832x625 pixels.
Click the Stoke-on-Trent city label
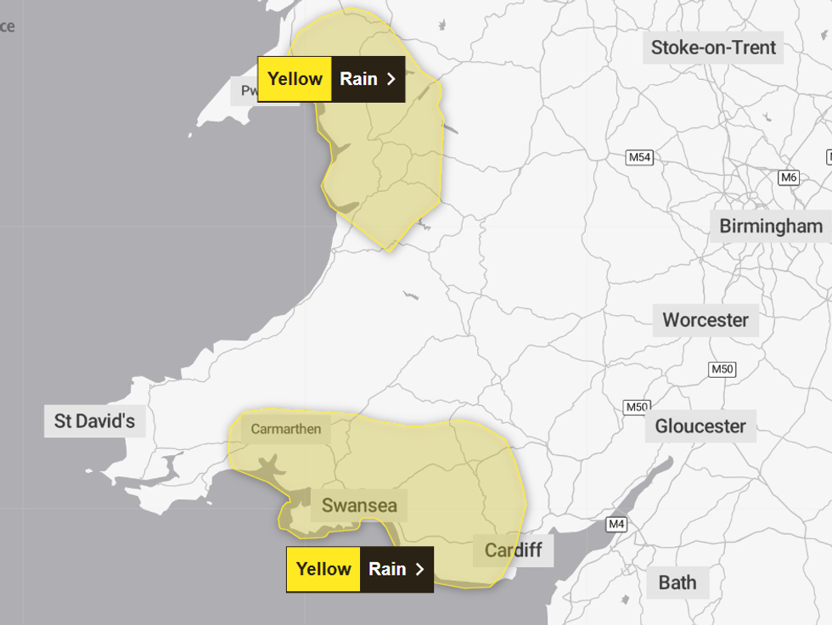click(x=713, y=48)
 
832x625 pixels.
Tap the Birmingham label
click(x=771, y=226)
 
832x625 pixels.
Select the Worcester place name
click(x=706, y=320)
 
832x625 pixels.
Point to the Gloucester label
click(x=700, y=426)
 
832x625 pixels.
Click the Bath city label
click(x=677, y=583)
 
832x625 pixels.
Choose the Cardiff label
click(x=513, y=550)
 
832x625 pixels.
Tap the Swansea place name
click(x=359, y=506)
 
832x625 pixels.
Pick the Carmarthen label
click(x=286, y=429)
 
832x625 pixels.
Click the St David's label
click(x=94, y=420)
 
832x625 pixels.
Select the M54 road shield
click(x=639, y=158)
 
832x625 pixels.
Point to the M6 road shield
click(x=789, y=177)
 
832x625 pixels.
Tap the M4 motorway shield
click(x=616, y=525)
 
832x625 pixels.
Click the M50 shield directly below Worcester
click(x=722, y=369)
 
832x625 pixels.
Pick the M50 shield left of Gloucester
click(x=637, y=407)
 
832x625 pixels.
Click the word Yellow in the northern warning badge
click(x=295, y=79)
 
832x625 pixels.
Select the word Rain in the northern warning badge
click(x=358, y=79)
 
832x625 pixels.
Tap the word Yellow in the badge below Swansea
click(x=323, y=569)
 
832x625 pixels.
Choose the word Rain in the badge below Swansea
click(x=387, y=569)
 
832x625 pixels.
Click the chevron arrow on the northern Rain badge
click(x=391, y=79)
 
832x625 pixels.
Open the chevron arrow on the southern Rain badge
click(x=419, y=569)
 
